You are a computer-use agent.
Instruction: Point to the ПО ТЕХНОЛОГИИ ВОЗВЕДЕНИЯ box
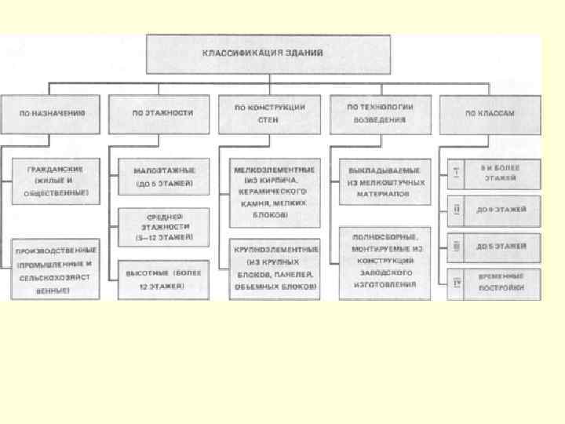[379, 113]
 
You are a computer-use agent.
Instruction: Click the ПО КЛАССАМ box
[490, 113]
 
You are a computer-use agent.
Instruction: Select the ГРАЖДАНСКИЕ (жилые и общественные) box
[56, 181]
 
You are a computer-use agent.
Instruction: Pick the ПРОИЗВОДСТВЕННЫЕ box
[56, 268]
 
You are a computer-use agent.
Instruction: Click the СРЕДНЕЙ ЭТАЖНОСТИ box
[164, 226]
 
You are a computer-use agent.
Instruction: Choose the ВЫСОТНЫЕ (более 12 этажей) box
[164, 280]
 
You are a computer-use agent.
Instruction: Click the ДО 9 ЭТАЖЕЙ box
[501, 210]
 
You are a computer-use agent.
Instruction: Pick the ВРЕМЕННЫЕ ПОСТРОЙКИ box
[501, 283]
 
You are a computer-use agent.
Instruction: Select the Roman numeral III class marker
[457, 247]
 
